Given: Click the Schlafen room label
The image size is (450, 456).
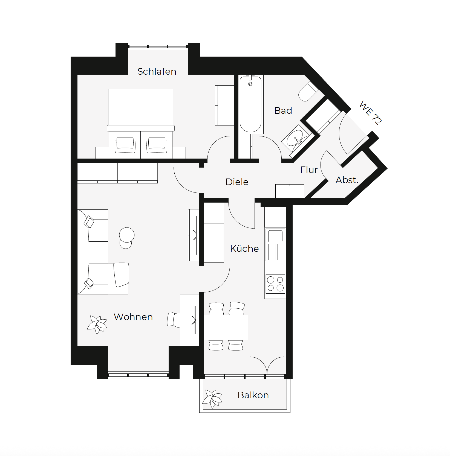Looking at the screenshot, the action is (157, 71).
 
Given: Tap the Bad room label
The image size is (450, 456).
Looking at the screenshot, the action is (283, 110).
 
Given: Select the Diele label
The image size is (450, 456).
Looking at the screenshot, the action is (237, 182).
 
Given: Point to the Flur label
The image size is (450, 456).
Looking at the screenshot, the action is (309, 170).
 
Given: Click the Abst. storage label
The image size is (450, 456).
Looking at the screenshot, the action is (347, 180).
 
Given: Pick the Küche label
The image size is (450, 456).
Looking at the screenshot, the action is (244, 249).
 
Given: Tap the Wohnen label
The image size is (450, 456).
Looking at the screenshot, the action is (133, 317).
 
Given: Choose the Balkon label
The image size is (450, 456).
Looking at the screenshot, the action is (253, 395).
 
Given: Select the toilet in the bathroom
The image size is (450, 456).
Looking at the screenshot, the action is (307, 92).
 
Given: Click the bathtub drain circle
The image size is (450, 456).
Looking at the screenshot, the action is (250, 84).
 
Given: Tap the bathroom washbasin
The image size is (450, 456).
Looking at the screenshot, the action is (295, 138).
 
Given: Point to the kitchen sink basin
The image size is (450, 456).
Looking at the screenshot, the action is (275, 236).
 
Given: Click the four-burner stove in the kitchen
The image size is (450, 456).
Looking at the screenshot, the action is (275, 284).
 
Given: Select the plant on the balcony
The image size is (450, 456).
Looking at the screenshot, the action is (212, 399).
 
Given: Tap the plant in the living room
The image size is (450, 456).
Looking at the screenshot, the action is (97, 325).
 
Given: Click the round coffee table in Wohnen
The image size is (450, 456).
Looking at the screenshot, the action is (127, 235).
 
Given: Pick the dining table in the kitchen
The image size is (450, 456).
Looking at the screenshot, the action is (226, 327).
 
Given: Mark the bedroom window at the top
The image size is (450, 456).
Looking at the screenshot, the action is (158, 46).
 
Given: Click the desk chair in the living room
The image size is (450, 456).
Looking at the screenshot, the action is (174, 319).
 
